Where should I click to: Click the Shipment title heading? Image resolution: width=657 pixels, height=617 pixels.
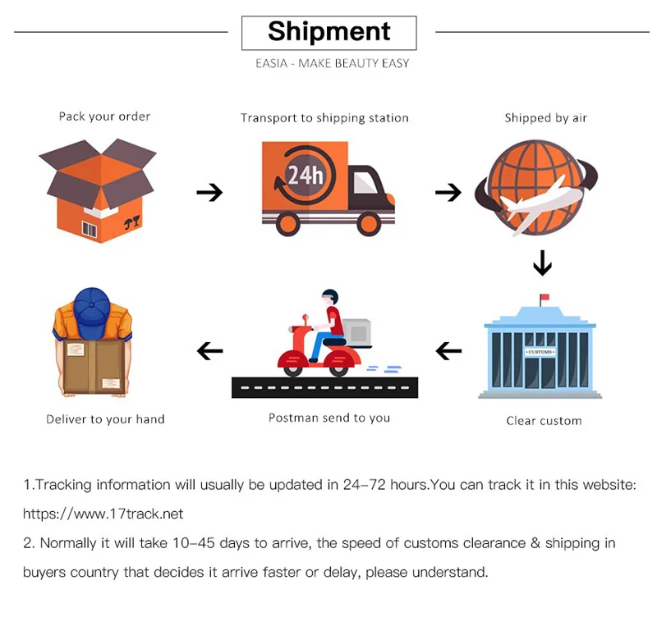pos(328,32)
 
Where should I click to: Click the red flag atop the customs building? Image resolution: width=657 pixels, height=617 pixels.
pos(544,298)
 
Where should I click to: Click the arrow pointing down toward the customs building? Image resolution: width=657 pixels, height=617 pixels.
pos(542,263)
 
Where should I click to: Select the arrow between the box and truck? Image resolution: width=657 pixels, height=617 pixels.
pos(209,193)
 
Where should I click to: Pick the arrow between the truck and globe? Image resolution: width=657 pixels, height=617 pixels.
pos(448,193)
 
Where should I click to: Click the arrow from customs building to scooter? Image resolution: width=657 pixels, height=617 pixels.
pos(448,351)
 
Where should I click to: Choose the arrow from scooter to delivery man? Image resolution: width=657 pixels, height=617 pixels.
pos(210,351)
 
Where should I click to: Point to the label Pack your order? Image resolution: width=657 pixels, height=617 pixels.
pos(104,117)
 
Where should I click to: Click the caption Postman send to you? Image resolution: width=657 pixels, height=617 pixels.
pos(329,418)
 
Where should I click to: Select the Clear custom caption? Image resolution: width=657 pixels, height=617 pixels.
pos(544,421)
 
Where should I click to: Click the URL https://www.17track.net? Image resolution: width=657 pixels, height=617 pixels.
pos(103,514)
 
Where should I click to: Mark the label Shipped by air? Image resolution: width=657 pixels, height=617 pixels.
pos(546,118)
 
